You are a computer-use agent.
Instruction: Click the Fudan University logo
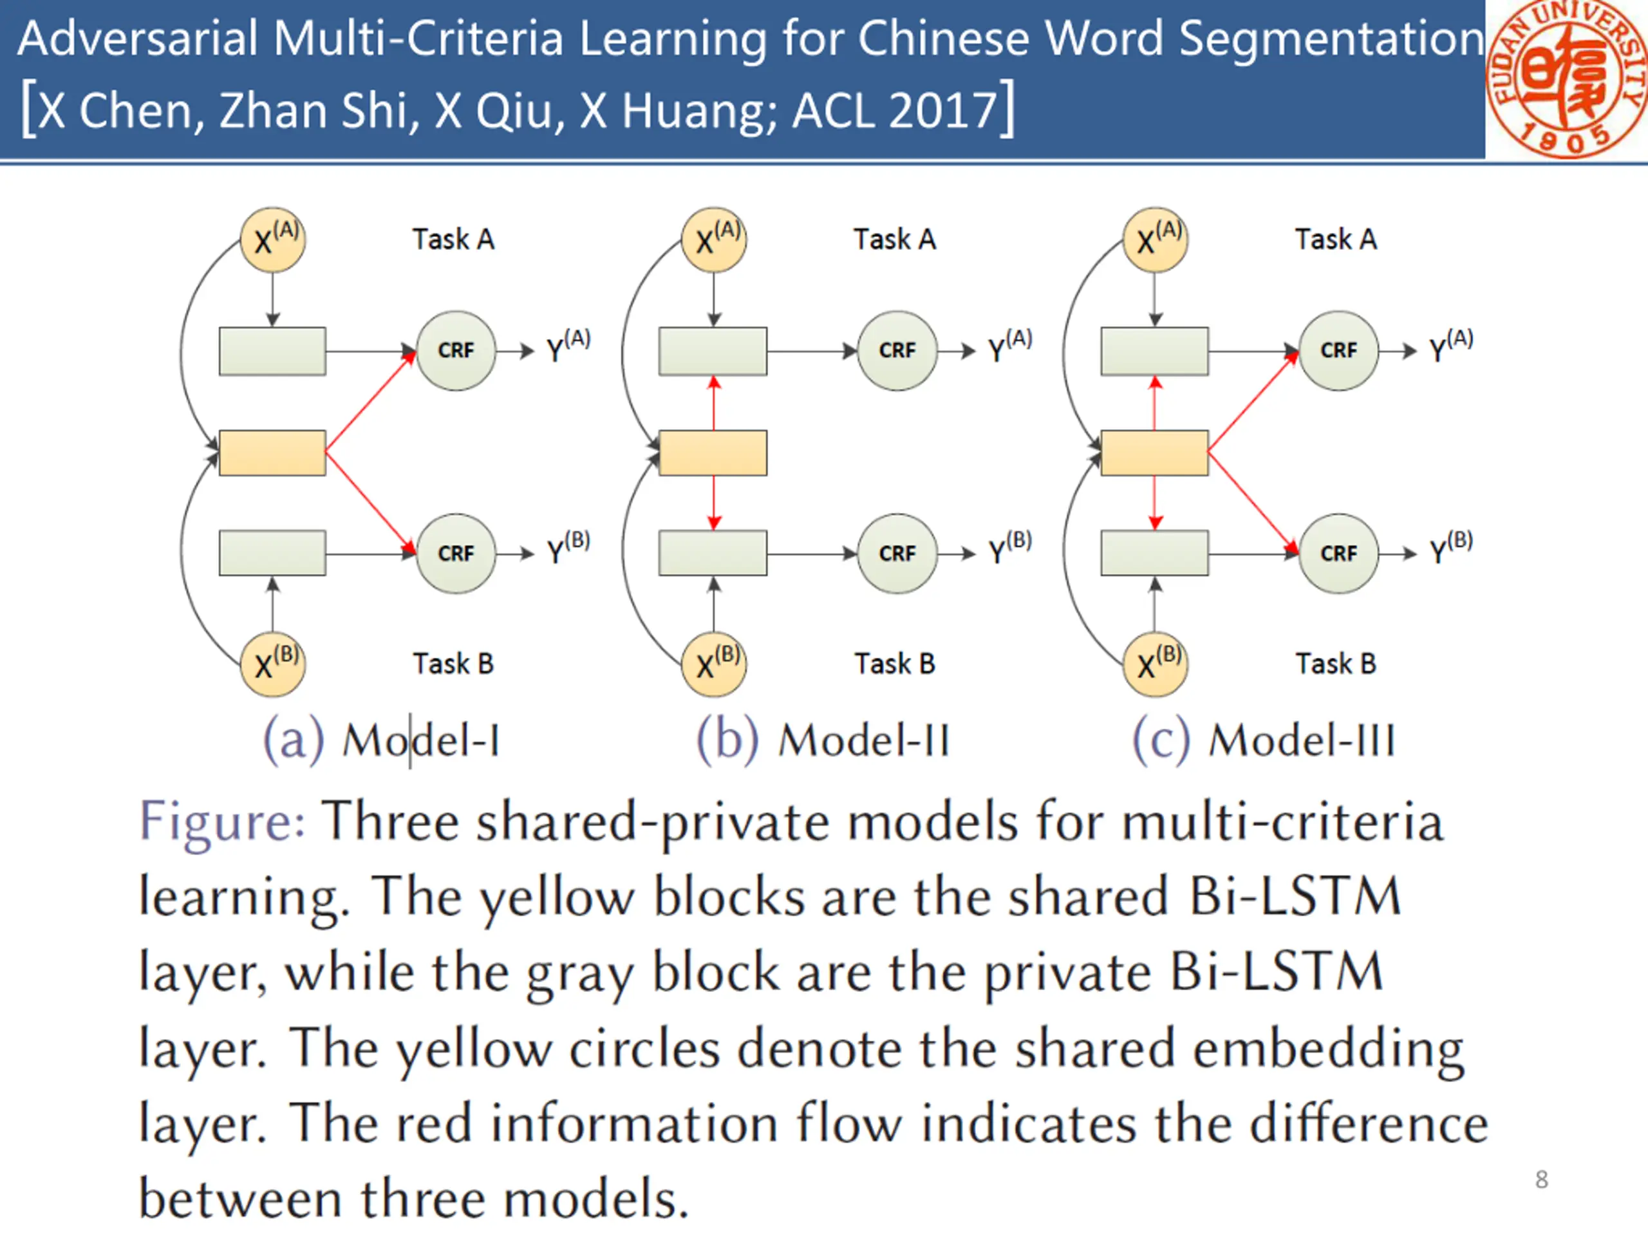click(x=1567, y=79)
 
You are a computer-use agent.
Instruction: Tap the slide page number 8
click(x=1542, y=1179)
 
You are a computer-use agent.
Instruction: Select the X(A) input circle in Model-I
click(x=273, y=240)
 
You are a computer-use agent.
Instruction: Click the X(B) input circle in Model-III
click(x=1156, y=664)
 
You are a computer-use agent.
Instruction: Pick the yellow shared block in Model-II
click(x=713, y=452)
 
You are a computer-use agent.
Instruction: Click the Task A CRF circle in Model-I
click(x=456, y=350)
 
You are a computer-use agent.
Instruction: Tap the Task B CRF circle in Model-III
click(x=1339, y=554)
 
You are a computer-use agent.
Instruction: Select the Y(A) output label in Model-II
click(x=1010, y=345)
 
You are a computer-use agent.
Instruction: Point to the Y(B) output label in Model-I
click(x=568, y=548)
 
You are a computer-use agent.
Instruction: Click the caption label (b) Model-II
click(x=823, y=740)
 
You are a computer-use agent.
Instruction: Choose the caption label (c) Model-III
click(x=1264, y=740)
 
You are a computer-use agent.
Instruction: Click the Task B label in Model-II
click(x=895, y=663)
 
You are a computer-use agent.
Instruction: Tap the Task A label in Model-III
click(x=1336, y=239)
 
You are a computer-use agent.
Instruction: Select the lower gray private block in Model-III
click(x=1155, y=553)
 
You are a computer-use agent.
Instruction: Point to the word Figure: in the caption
click(x=222, y=823)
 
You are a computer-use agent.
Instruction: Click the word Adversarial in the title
click(x=138, y=39)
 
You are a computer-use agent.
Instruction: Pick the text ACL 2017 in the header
click(x=895, y=110)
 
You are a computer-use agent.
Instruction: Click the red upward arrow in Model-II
click(x=714, y=403)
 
